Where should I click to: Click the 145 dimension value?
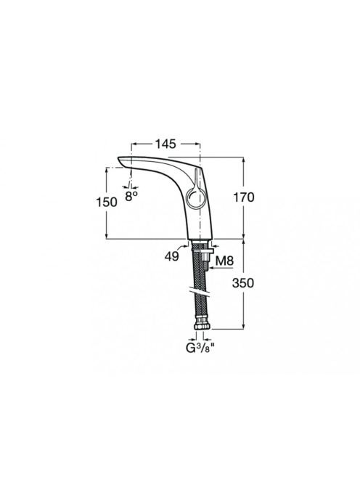(x=165, y=144)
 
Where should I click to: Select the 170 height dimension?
(x=244, y=197)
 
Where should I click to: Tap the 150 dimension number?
(x=107, y=202)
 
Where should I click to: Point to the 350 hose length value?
(x=243, y=283)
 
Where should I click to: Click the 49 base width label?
(x=171, y=256)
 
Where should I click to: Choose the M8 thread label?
(x=224, y=261)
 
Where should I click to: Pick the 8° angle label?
(x=131, y=196)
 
